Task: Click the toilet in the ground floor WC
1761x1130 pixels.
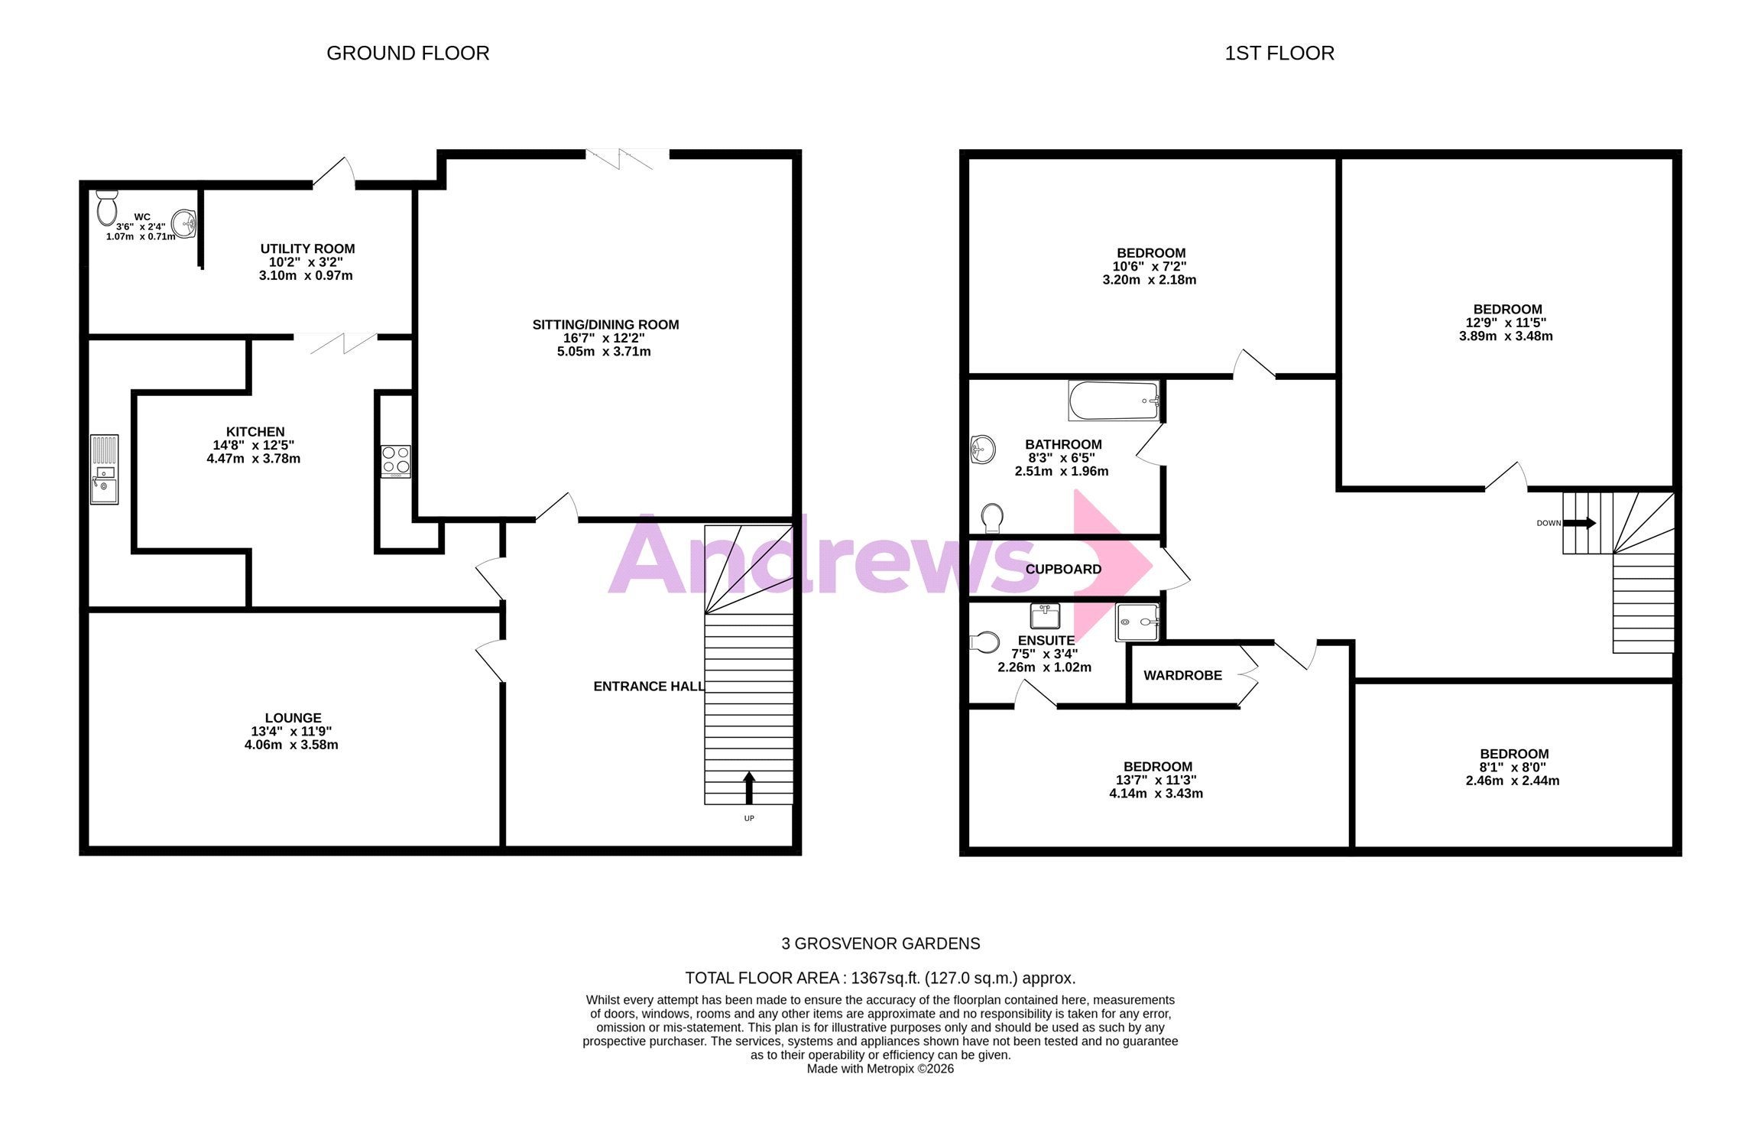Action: [x=107, y=206]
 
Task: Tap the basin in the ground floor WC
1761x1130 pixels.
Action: [x=184, y=224]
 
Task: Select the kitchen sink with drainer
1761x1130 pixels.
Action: [x=105, y=469]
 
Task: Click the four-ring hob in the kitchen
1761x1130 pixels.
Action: [x=396, y=462]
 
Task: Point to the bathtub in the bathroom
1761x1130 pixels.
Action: [x=1114, y=401]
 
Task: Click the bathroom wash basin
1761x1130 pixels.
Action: [x=982, y=450]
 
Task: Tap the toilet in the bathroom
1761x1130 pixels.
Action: [x=992, y=518]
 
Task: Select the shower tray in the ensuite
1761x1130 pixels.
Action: [x=1137, y=622]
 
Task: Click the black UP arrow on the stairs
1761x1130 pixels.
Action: [x=749, y=787]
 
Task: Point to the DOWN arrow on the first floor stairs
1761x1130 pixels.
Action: [x=1580, y=524]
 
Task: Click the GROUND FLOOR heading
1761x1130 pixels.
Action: [x=408, y=54]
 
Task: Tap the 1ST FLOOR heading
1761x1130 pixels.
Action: [x=1279, y=54]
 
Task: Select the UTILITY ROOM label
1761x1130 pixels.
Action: [x=307, y=248]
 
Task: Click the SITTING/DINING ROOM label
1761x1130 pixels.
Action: [x=605, y=324]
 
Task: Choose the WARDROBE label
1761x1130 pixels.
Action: [x=1182, y=675]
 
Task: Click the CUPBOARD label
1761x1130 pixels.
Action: [x=1063, y=569]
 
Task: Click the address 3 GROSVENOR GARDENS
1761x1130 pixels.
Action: [x=880, y=943]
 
